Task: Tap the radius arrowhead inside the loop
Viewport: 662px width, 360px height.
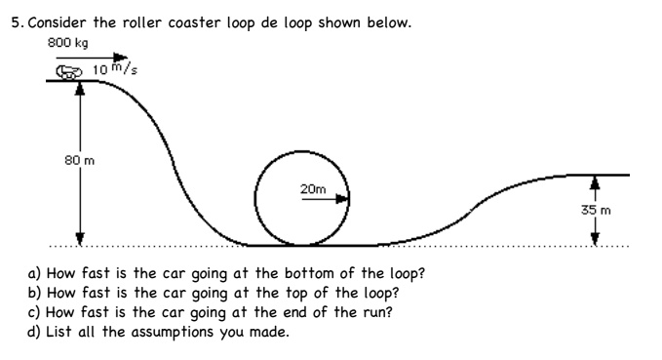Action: pos(342,198)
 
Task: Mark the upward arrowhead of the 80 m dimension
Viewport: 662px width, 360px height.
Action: pos(81,87)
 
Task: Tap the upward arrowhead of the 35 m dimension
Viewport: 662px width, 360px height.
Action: pos(595,180)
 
